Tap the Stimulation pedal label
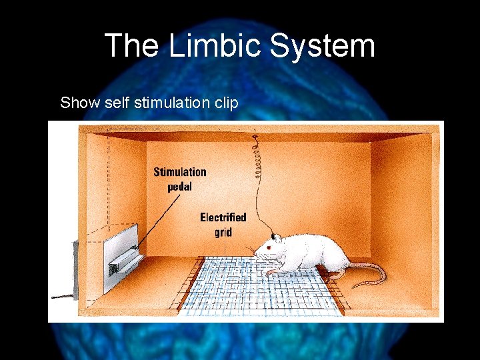179,179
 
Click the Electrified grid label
223,224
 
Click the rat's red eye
269,248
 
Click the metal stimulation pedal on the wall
123,261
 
